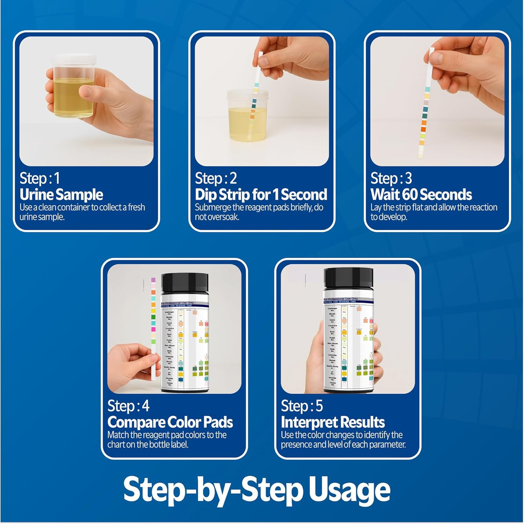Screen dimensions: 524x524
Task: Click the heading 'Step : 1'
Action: pyautogui.click(x=39, y=179)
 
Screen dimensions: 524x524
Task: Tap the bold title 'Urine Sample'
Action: pyautogui.click(x=61, y=195)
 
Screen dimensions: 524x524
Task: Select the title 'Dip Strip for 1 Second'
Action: pyautogui.click(x=261, y=195)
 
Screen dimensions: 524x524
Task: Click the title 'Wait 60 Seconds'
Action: pyautogui.click(x=421, y=195)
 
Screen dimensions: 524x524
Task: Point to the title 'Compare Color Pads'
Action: pyautogui.click(x=170, y=422)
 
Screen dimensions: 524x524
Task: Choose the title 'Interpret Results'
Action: pyautogui.click(x=333, y=422)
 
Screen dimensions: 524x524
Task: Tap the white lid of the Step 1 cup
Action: pyautogui.click(x=74, y=59)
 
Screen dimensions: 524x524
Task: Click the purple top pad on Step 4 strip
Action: pyautogui.click(x=153, y=280)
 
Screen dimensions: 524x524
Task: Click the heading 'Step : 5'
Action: pyautogui.click(x=301, y=406)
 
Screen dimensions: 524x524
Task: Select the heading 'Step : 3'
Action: pyautogui.click(x=391, y=179)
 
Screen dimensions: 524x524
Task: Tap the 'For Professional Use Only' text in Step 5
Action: pyautogui.click(x=341, y=299)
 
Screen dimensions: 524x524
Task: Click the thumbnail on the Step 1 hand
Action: pyautogui.click(x=86, y=92)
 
